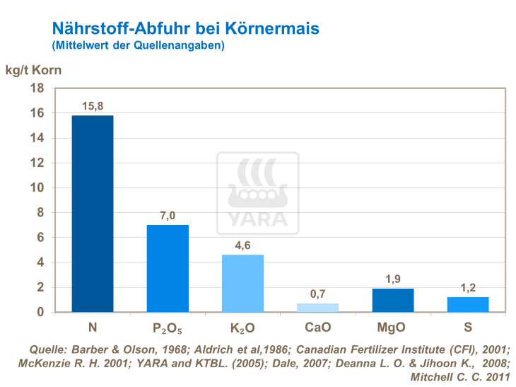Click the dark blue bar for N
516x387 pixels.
[93, 214]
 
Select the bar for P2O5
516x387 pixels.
[168, 268]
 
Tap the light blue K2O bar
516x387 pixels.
[242, 283]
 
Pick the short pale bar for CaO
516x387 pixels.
[317, 308]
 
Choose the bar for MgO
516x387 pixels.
[393, 300]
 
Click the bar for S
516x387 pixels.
[468, 304]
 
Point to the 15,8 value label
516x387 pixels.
[93, 105]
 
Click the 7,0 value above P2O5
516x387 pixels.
[168, 215]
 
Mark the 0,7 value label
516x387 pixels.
[317, 294]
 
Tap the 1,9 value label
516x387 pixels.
[393, 279]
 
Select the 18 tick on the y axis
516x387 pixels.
[39, 88]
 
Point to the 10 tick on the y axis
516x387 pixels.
[39, 187]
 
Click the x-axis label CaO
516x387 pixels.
[317, 328]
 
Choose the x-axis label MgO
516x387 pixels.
[393, 328]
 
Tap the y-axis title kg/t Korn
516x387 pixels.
[34, 70]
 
